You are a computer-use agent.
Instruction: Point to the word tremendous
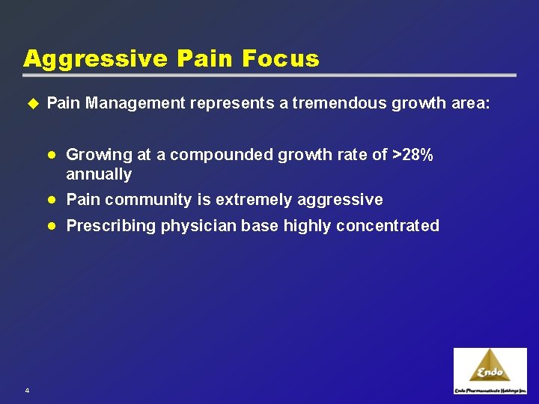pos(339,103)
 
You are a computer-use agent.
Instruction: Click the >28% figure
pos(412,155)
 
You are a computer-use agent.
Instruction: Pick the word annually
pos(99,175)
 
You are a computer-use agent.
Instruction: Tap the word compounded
pos(222,155)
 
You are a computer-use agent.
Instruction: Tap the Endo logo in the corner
pos(490,371)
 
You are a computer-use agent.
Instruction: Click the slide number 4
pos(26,391)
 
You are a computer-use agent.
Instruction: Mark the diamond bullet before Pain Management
pos(31,103)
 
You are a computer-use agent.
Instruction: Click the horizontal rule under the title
pos(269,76)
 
